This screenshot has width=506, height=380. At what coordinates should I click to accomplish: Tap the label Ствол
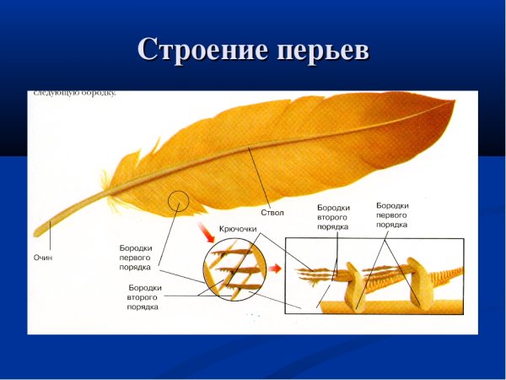[272, 213]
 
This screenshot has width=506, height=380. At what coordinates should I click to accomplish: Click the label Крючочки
[238, 229]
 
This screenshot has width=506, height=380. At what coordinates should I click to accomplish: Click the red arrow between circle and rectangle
[276, 269]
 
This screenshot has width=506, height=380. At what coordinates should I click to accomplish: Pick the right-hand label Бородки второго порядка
[332, 216]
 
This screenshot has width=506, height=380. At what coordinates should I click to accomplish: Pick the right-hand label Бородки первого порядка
[392, 215]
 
